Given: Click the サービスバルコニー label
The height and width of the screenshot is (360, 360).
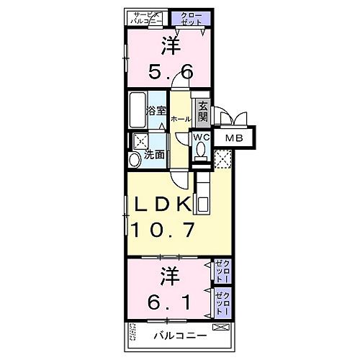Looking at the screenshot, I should (148, 18).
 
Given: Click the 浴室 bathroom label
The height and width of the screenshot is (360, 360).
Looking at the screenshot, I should (157, 112).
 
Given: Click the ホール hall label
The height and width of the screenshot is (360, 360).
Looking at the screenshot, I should (181, 118).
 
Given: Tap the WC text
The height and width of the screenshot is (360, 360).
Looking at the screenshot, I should (201, 138).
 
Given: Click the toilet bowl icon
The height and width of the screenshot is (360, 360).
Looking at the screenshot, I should (202, 150).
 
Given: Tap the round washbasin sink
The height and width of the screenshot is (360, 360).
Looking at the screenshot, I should (134, 160).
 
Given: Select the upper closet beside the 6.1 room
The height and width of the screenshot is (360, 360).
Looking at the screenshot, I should (223, 273).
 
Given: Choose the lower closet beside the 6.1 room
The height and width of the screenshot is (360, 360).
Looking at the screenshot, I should (223, 302).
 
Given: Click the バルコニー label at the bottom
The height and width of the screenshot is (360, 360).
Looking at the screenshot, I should (181, 336).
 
